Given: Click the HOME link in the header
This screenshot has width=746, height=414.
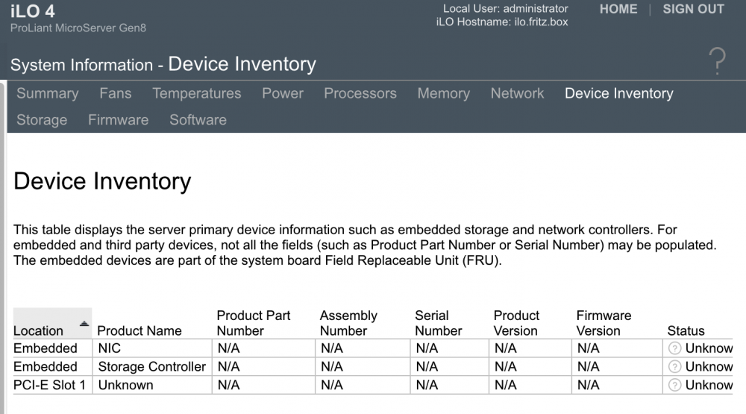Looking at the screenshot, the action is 618,9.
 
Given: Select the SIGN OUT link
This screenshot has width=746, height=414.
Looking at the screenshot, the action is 693,9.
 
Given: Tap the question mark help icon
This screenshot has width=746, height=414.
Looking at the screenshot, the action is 717,61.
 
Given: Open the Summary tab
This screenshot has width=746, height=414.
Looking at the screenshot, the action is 48,93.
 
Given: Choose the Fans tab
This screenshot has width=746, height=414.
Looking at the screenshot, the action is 115,93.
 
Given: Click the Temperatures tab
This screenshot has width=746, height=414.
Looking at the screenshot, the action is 196,93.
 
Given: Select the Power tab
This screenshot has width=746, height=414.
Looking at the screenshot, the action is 283,93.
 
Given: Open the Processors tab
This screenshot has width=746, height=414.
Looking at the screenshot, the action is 360,93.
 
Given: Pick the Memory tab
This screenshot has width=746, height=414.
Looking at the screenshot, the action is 443,93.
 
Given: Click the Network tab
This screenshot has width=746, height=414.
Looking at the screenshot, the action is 517,93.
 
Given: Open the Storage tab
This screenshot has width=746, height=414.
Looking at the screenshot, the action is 42,120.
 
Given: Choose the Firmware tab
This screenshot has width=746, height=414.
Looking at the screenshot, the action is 118,120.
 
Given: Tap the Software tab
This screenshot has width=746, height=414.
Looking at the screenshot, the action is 198,120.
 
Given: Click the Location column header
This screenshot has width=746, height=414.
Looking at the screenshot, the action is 38,330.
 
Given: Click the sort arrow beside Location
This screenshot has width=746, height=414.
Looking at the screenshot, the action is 84,324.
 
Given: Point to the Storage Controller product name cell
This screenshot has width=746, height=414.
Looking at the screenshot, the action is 151,366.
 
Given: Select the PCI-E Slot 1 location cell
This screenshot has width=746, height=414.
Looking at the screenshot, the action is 49,385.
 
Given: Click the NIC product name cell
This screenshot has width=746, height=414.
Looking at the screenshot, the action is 110,348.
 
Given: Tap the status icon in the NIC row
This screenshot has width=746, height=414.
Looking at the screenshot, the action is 674,348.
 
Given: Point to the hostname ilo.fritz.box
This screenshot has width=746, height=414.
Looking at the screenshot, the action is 541,22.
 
